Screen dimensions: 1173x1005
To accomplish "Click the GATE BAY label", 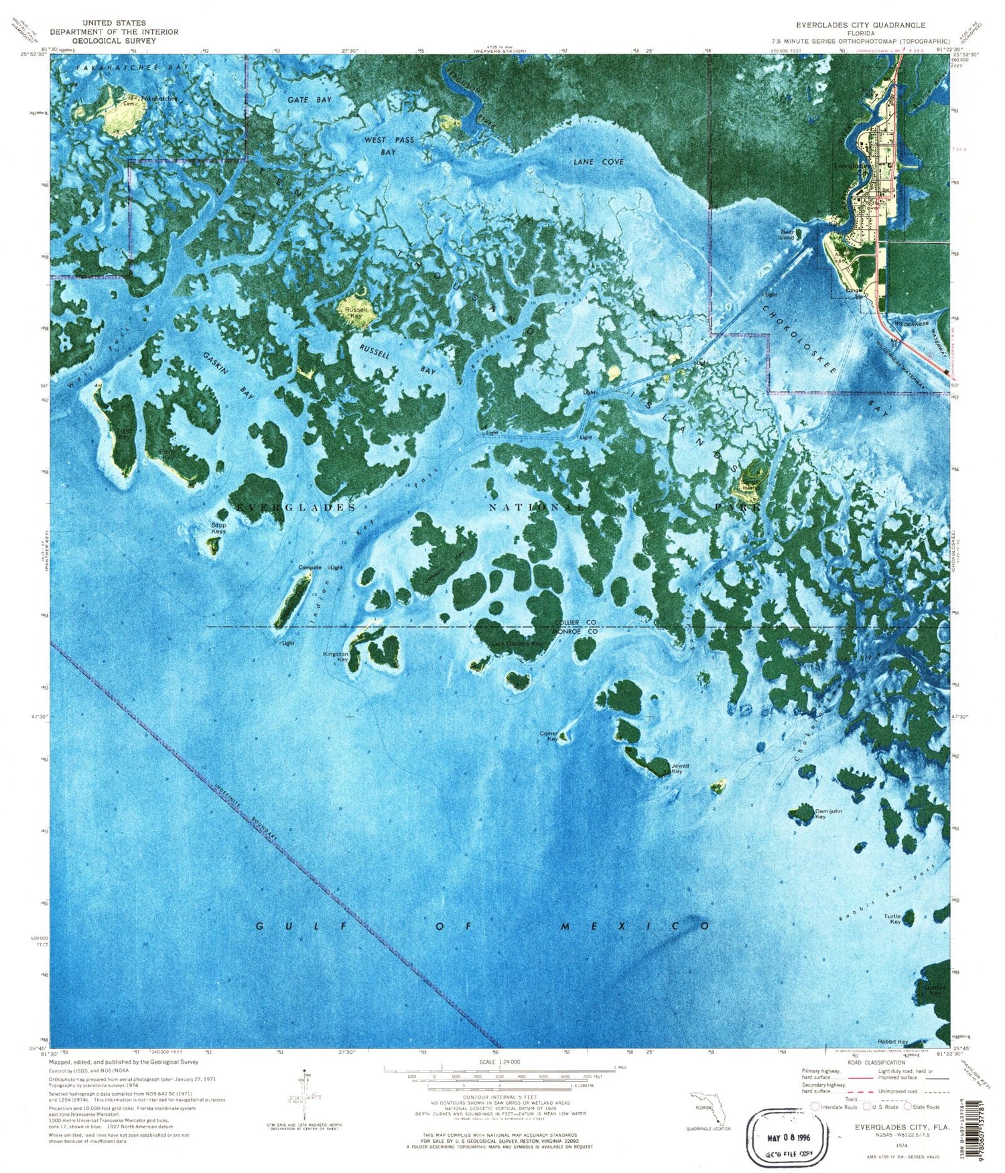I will (310, 99).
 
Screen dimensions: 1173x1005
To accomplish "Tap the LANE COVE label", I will (598, 161).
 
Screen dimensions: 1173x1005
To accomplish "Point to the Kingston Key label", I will (336, 657).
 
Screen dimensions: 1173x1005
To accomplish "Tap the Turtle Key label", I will (892, 918).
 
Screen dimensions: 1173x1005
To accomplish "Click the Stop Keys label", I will (218, 528).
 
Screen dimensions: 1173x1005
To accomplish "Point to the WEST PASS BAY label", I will (389, 145).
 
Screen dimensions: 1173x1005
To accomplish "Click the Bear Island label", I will (786, 234).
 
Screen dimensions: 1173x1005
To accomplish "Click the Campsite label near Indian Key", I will (310, 567).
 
